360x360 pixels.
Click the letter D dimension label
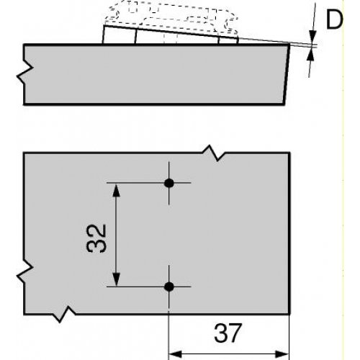334,20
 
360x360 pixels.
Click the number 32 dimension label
96,238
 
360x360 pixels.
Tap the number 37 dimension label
228,333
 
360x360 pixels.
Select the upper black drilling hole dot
169,183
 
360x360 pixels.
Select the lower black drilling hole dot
169,287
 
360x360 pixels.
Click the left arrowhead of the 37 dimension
176,354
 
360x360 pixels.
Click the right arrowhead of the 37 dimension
282,354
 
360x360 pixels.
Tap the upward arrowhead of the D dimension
311,55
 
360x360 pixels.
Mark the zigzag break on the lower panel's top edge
214,153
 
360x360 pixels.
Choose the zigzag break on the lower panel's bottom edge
64,314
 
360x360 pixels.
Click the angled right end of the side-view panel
287,74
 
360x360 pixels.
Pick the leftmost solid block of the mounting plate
120,35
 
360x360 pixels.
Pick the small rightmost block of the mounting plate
228,40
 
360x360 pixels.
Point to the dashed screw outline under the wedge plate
171,38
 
